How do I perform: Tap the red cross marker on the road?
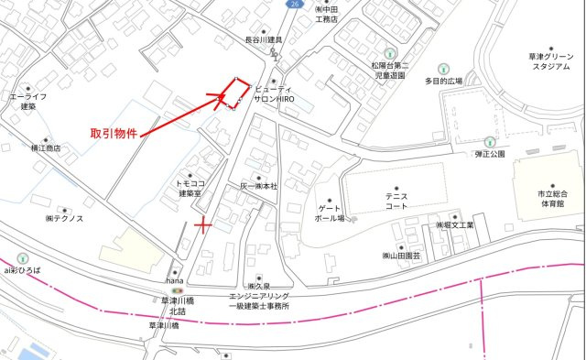click(x=203, y=224)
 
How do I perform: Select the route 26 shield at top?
click(x=293, y=5)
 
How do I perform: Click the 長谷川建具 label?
click(x=263, y=40)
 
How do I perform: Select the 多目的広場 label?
click(x=443, y=81)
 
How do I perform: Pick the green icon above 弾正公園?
click(x=490, y=141)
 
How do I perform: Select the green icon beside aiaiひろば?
click(x=22, y=258)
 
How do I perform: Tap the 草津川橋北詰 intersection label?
click(x=171, y=305)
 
